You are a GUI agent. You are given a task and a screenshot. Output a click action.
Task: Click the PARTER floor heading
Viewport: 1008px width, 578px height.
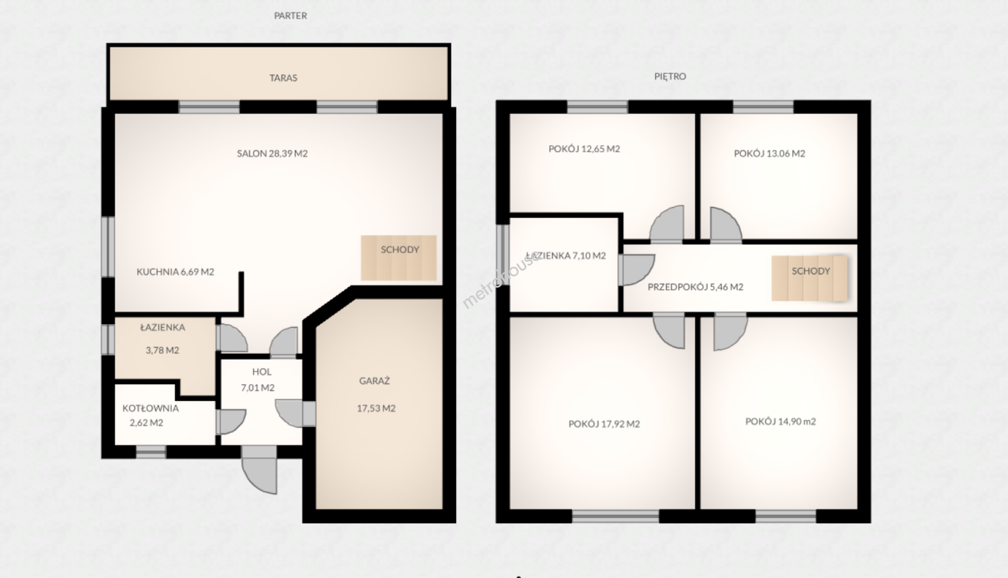[290, 16]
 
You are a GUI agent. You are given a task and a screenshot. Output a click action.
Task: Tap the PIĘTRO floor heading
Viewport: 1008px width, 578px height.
[670, 77]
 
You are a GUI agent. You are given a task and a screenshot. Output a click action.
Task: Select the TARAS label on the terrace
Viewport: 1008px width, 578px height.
[283, 78]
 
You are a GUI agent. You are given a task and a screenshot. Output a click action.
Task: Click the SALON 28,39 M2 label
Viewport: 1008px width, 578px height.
[272, 154]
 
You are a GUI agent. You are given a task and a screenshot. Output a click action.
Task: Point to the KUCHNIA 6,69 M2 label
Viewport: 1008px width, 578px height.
[175, 272]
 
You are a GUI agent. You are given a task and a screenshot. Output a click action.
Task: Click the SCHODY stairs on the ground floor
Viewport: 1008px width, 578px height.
[398, 257]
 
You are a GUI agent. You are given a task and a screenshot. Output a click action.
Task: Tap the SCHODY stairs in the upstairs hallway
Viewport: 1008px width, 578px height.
[809, 278]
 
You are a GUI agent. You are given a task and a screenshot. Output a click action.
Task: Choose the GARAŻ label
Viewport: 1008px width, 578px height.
[374, 381]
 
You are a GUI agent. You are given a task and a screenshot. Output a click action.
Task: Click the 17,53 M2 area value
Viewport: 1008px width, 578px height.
[376, 408]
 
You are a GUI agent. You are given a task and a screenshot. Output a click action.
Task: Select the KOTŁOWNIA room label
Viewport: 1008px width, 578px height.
[150, 408]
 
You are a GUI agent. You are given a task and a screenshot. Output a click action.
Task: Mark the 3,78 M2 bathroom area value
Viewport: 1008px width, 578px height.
[162, 351]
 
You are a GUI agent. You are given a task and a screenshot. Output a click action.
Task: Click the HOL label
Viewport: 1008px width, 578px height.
[262, 372]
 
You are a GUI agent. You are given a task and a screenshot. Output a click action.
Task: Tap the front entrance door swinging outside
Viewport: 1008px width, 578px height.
[260, 470]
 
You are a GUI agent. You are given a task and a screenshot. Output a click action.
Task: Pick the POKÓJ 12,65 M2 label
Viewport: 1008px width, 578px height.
[584, 149]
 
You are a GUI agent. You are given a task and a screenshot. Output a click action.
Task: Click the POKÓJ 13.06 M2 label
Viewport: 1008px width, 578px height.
[769, 154]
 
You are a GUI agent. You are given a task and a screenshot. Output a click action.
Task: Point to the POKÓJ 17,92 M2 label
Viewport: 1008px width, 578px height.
[604, 424]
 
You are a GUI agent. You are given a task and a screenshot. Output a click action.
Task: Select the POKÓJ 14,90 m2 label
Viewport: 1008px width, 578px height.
[780, 422]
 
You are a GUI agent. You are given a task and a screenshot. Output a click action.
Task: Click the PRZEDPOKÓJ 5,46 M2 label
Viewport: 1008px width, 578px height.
[695, 287]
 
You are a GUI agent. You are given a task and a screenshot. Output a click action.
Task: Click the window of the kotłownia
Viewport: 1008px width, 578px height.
[151, 453]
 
